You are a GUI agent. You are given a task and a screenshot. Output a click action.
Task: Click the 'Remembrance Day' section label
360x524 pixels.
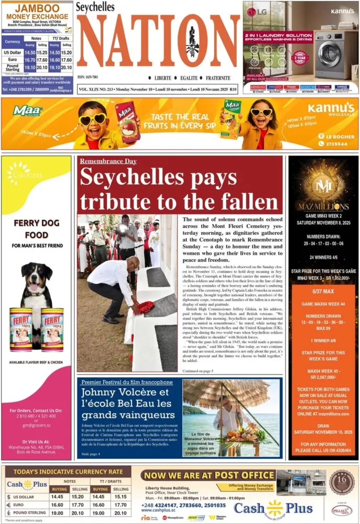click(x=108, y=161)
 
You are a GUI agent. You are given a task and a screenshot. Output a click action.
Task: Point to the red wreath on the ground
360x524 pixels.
click(x=145, y=308)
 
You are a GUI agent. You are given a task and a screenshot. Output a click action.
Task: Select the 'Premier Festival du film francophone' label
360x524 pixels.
click(x=127, y=382)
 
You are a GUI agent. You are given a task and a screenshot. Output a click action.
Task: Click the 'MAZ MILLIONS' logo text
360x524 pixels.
click(x=323, y=206)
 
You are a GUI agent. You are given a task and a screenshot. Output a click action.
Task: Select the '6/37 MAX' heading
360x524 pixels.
click(x=323, y=291)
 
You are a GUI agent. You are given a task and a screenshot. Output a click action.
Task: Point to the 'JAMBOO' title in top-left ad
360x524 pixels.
click(x=37, y=9)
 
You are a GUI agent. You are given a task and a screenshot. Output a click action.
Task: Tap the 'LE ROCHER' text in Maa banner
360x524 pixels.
click(x=337, y=136)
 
